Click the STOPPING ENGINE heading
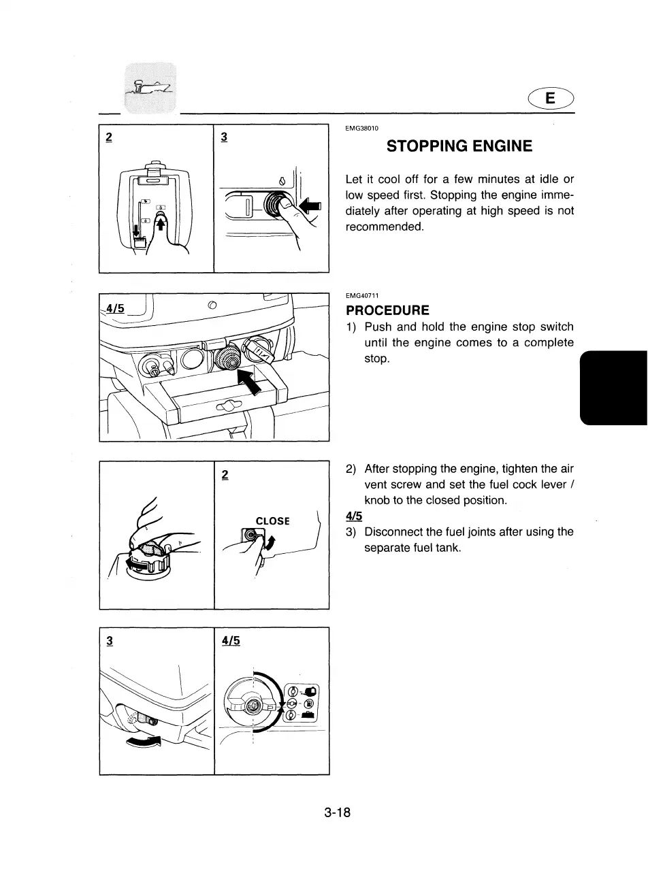point(459,146)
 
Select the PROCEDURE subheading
point(387,310)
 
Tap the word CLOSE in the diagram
point(272,521)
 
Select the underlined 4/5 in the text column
point(355,516)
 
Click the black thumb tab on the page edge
point(612,387)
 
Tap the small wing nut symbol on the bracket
point(225,407)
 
